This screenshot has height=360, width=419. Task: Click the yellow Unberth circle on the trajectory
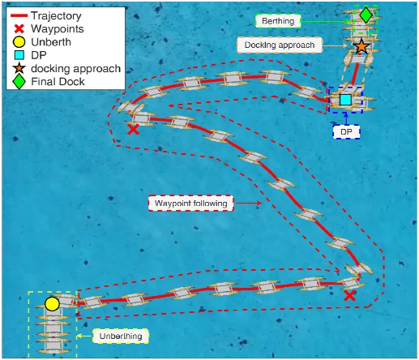[52, 304]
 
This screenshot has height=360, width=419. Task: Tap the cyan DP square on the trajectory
[345, 100]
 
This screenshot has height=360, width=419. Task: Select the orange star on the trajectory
[361, 46]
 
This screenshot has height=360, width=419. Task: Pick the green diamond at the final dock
[366, 15]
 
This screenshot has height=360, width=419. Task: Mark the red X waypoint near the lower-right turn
[349, 296]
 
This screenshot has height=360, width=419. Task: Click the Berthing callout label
[278, 21]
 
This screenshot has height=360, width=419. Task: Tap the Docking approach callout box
[280, 45]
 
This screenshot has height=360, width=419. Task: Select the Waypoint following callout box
[190, 203]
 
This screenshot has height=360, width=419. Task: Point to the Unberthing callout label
[121, 336]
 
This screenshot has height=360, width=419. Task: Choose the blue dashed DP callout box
[346, 132]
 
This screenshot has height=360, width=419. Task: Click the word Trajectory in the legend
[56, 15]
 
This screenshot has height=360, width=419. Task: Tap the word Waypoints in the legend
[58, 28]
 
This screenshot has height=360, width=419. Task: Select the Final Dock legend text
[58, 81]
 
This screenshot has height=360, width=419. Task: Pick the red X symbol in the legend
[19, 28]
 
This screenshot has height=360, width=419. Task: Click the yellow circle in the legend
[19, 42]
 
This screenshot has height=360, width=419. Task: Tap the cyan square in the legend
[19, 55]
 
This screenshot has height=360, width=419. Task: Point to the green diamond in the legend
[19, 81]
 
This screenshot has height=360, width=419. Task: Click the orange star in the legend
[19, 68]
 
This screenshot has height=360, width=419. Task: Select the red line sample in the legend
[19, 15]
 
